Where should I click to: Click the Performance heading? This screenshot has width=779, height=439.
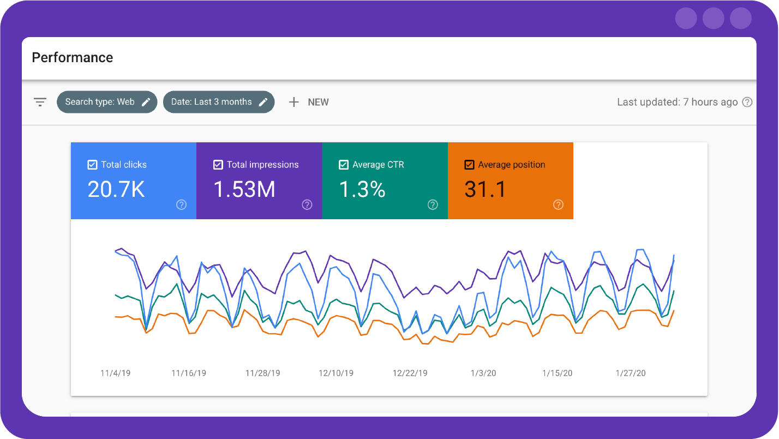coord(73,58)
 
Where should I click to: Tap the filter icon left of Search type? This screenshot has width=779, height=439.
coord(40,102)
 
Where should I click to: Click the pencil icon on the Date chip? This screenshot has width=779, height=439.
coord(263,102)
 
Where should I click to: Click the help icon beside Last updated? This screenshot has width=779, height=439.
coord(747,102)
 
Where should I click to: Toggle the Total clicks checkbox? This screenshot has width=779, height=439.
coord(93,165)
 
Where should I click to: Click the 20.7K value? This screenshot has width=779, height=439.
coord(116,189)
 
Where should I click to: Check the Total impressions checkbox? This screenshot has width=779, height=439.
coord(218,165)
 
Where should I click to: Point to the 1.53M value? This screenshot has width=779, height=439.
coord(244,189)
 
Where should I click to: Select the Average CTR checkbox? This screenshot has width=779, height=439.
coord(344,165)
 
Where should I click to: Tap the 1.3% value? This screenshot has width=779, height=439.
coord(362,189)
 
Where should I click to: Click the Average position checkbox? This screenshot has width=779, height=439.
coord(469,165)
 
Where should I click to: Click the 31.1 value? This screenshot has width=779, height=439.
coord(485,189)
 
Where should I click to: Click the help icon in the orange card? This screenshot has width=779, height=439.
coord(558,205)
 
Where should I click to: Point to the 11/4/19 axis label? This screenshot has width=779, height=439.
coord(115,373)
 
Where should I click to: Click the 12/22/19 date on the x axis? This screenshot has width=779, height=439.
coord(410,373)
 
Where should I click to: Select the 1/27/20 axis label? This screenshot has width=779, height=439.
coord(631,373)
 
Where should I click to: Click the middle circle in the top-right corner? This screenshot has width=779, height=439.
coord(713,19)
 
